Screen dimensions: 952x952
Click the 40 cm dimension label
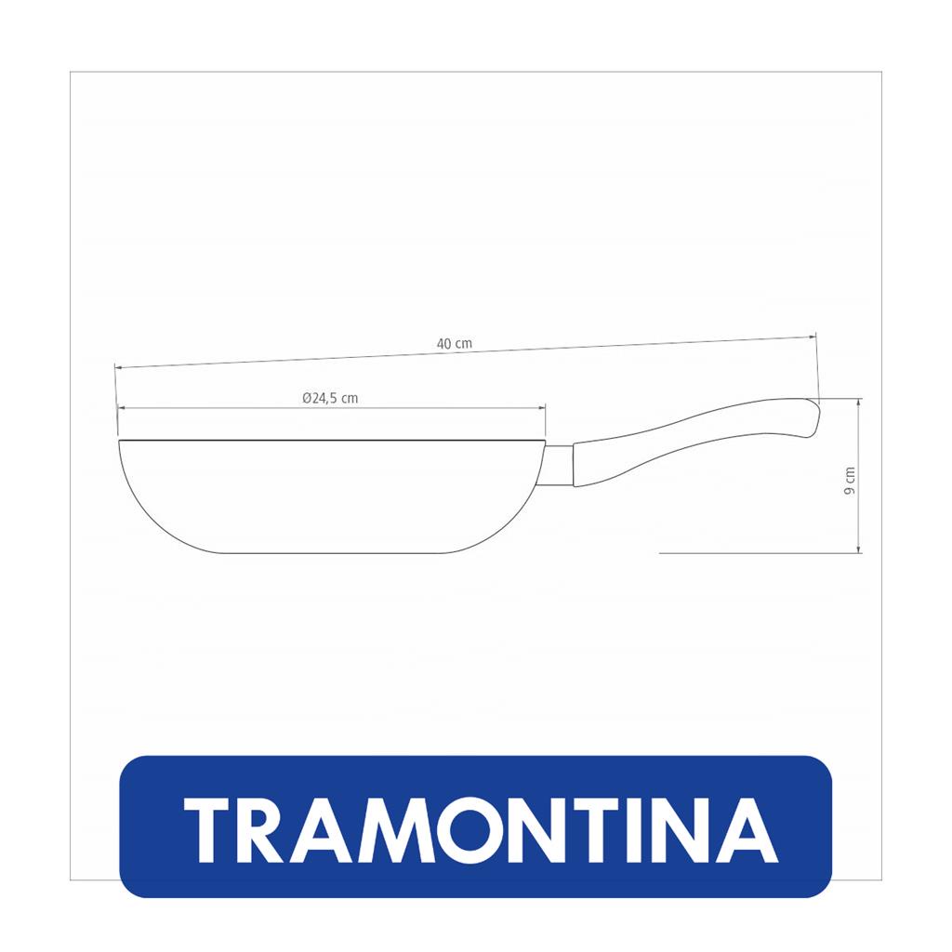click(x=454, y=343)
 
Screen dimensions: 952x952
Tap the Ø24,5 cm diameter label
click(x=330, y=398)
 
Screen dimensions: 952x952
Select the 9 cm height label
click(x=850, y=481)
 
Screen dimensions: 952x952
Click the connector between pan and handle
click(x=559, y=466)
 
